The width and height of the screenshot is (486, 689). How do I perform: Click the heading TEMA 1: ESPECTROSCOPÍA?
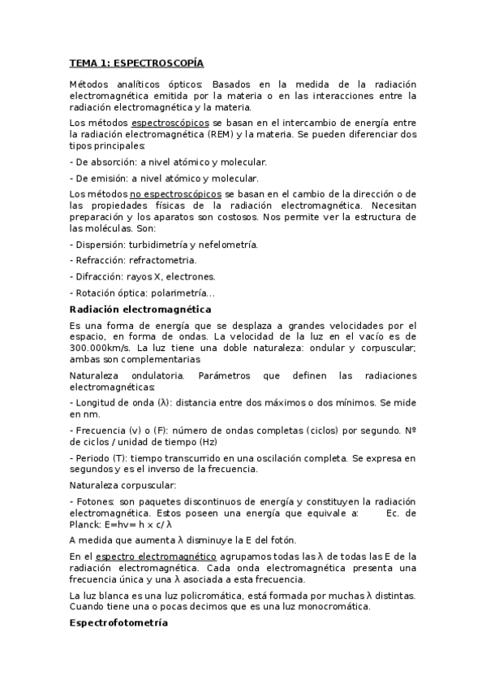[x=136, y=63]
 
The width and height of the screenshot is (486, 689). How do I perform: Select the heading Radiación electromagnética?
[x=140, y=310]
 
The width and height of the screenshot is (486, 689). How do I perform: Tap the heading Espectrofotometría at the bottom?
[x=118, y=623]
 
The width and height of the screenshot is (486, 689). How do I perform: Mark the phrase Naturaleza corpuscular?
[x=117, y=485]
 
